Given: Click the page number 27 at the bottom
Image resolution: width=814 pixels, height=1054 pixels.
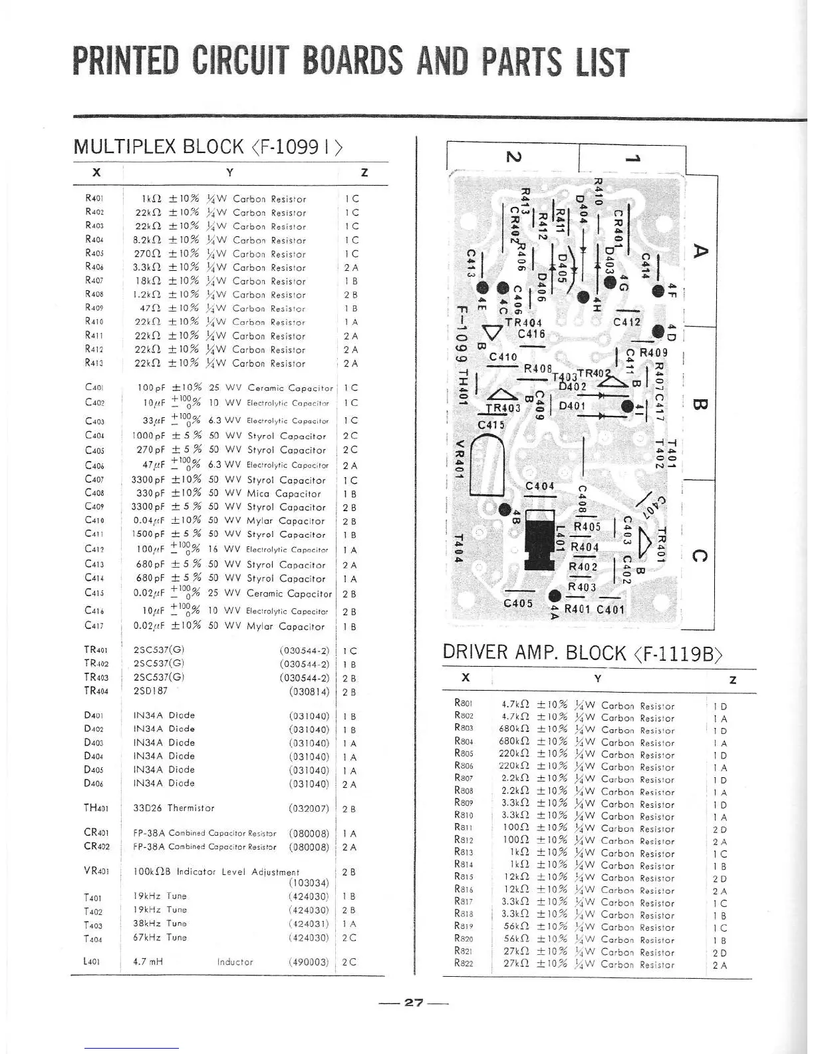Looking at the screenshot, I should coord(414,1003).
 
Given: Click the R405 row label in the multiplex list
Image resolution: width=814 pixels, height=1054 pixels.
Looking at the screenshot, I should coord(94,253).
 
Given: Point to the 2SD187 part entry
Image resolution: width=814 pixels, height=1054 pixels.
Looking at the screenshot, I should coord(152,691).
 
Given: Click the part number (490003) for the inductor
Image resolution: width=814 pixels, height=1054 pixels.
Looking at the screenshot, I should coord(309,962).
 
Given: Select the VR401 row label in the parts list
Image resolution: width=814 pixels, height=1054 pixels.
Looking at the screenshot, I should coord(96,872).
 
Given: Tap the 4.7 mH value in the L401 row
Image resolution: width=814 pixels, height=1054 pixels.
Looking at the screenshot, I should coord(148,962).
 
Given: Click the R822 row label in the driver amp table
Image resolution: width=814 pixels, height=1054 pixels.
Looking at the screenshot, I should coord(464,964).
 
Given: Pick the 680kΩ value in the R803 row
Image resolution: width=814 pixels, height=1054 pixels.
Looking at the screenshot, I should coord(514,730).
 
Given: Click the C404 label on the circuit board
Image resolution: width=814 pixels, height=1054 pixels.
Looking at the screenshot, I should coord(539,486).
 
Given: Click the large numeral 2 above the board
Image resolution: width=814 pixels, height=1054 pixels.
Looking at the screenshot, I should coord(513,157).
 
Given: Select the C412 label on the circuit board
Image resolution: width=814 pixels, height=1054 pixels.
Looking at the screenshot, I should coord(626,323).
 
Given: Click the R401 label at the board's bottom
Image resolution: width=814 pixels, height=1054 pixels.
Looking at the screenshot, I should coord(578,609).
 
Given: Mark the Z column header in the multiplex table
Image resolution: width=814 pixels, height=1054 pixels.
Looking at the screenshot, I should coord(364,173).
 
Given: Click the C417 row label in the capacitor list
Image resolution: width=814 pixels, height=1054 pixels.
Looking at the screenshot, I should coord(94,625).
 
